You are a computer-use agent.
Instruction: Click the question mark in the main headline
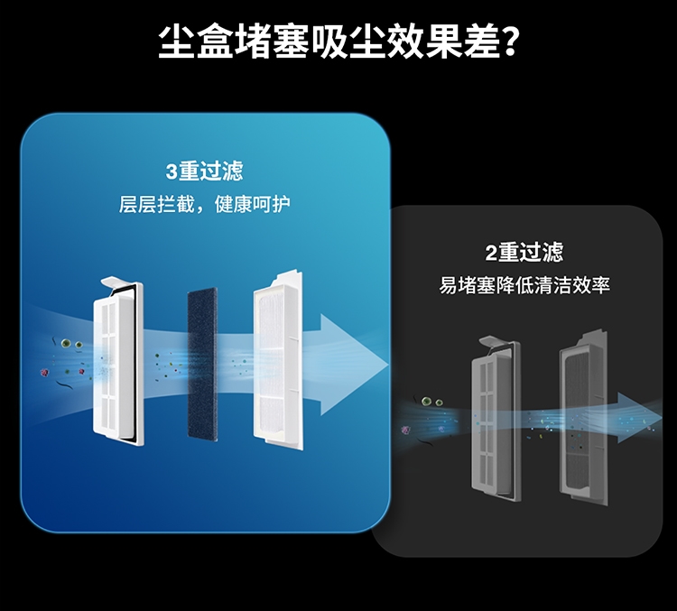coord(509,42)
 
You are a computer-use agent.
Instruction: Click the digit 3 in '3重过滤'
coord(172,171)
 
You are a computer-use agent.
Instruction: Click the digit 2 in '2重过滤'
coord(491,253)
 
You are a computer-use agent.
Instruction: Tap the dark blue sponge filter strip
coord(202,364)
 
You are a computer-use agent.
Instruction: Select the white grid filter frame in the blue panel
coord(118,364)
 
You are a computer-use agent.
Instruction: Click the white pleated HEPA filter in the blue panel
coord(278,361)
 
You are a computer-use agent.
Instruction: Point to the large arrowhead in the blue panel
coord(352,365)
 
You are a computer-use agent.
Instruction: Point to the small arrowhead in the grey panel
coord(639,418)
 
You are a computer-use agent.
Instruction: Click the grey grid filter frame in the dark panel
coord(496,418)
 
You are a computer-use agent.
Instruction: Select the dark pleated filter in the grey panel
coord(584,417)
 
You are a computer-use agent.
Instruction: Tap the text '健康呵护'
coord(252,204)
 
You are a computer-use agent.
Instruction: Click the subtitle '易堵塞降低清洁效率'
coord(524,285)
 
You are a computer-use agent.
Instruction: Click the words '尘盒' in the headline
coord(197,42)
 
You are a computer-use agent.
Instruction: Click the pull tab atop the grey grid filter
coord(494,340)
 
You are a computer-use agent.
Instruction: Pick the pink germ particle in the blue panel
coord(44,372)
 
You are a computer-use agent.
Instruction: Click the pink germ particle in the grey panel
coord(405,430)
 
